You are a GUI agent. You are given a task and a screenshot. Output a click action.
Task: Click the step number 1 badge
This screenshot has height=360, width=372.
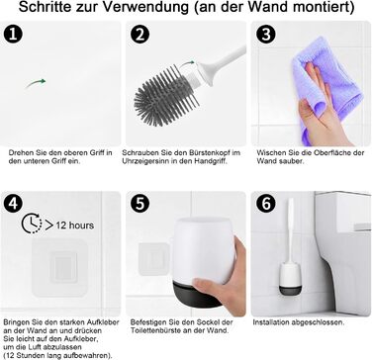[x=13, y=35]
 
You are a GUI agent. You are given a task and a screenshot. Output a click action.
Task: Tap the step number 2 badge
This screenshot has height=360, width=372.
[x=139, y=35]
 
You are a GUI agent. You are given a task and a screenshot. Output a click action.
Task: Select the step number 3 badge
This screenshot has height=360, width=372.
[x=266, y=35]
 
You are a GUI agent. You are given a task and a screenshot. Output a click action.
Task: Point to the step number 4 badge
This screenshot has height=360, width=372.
[x=13, y=204]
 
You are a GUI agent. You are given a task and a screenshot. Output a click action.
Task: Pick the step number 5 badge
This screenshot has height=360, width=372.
[x=139, y=204]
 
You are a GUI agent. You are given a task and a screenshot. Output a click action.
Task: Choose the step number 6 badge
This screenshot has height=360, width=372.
[x=266, y=204]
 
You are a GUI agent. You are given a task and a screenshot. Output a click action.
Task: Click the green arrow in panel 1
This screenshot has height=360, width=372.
[x=36, y=83]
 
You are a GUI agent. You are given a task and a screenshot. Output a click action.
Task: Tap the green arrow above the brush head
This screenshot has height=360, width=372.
[x=188, y=62]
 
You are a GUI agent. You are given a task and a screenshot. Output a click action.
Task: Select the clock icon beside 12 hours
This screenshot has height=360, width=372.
[x=32, y=224]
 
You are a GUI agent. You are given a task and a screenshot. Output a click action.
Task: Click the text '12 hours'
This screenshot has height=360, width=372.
[x=74, y=225]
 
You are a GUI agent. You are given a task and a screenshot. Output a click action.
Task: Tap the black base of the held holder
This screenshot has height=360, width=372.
[x=199, y=294]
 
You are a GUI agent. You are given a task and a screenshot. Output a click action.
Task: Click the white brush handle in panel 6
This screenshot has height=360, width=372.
[x=291, y=229]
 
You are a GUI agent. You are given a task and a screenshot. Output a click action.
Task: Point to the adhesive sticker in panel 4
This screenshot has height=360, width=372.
[x=59, y=267]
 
